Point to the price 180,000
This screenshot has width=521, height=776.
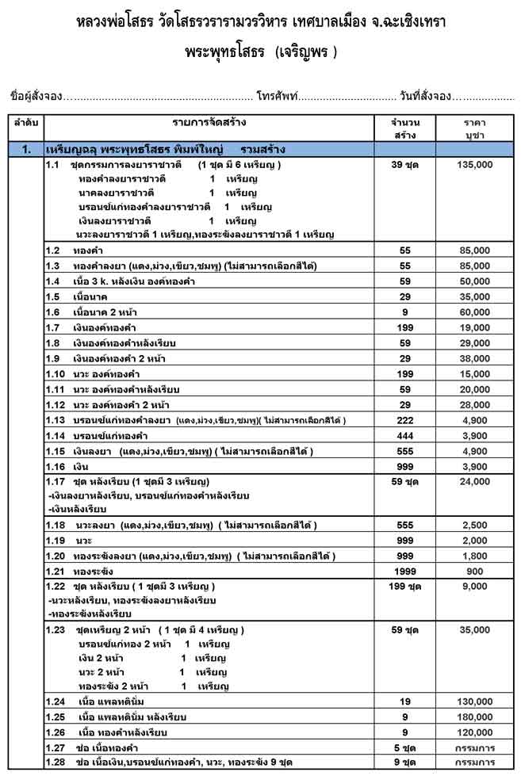click(475, 717)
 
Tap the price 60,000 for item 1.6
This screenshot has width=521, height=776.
click(475, 312)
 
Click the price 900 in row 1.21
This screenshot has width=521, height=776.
click(475, 571)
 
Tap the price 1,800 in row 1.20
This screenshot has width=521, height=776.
click(475, 556)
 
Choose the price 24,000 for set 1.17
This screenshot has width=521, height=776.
click(475, 481)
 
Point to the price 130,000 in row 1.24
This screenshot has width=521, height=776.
click(475, 701)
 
